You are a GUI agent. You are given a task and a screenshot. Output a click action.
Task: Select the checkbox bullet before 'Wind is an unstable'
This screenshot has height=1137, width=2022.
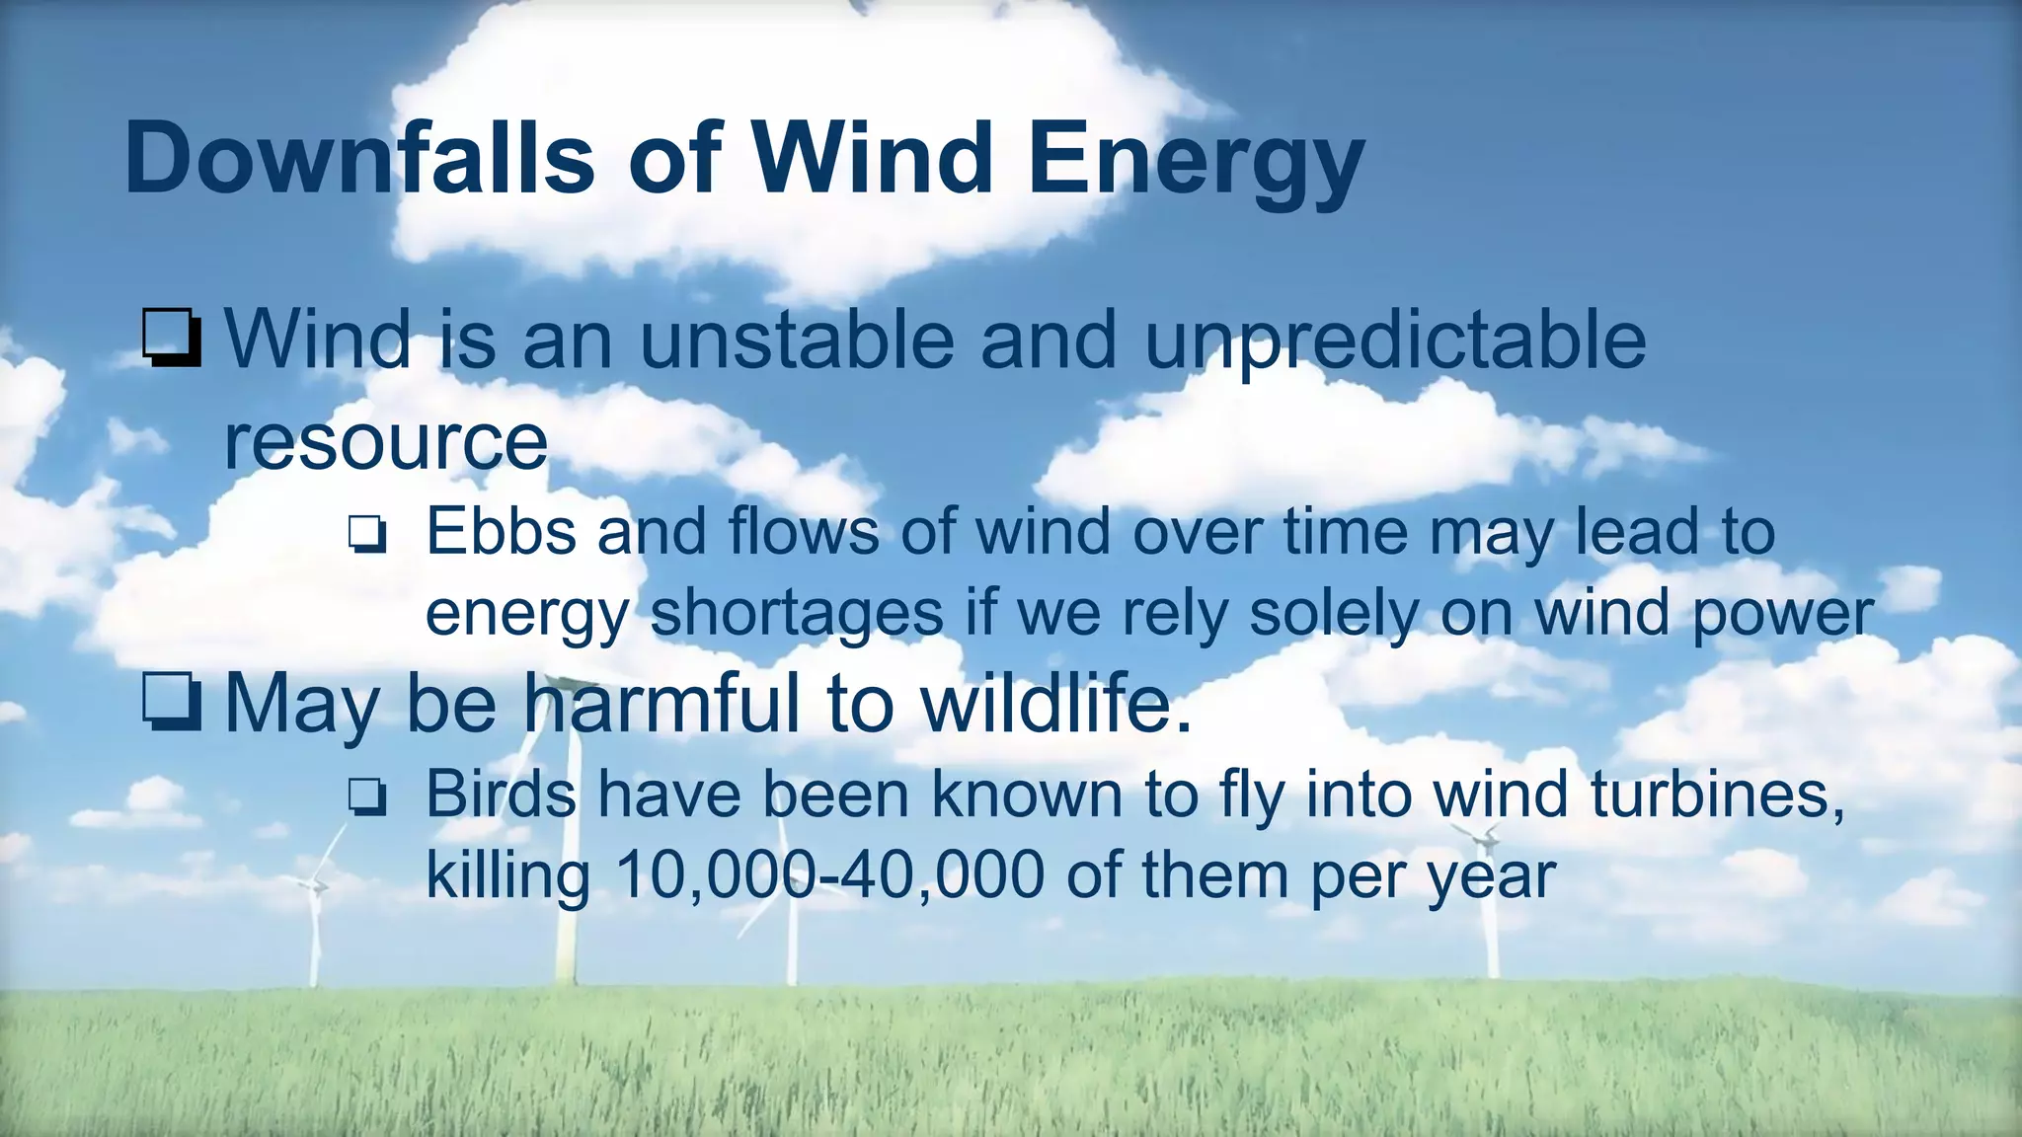(x=172, y=339)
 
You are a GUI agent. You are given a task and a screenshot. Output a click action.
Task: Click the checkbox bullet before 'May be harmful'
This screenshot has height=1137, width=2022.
(x=172, y=703)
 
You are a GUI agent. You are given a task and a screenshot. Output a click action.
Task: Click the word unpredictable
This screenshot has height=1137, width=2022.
(x=1394, y=341)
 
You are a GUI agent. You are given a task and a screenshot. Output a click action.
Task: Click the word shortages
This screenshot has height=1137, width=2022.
(x=797, y=613)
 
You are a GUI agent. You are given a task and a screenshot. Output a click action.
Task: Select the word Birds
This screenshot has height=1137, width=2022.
(x=501, y=794)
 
